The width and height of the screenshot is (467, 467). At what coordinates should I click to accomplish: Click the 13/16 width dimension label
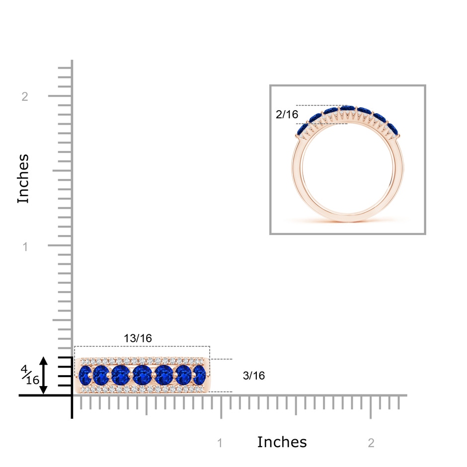tap(138, 338)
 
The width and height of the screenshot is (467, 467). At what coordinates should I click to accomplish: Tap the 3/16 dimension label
tap(254, 376)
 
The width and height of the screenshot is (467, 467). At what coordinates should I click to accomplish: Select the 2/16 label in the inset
tap(287, 114)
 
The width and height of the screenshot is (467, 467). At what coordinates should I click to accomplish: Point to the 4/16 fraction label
tap(30, 375)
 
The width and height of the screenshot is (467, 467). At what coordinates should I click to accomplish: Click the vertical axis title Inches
tap(23, 179)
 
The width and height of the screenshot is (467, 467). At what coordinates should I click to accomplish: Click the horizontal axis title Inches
tap(282, 442)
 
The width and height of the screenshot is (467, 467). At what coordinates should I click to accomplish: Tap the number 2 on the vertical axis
tap(25, 96)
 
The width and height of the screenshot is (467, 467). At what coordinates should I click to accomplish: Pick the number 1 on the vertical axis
tap(25, 246)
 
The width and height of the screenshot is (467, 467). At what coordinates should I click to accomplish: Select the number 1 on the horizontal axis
tap(220, 443)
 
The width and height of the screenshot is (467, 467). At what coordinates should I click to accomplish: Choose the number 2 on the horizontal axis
tap(371, 443)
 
